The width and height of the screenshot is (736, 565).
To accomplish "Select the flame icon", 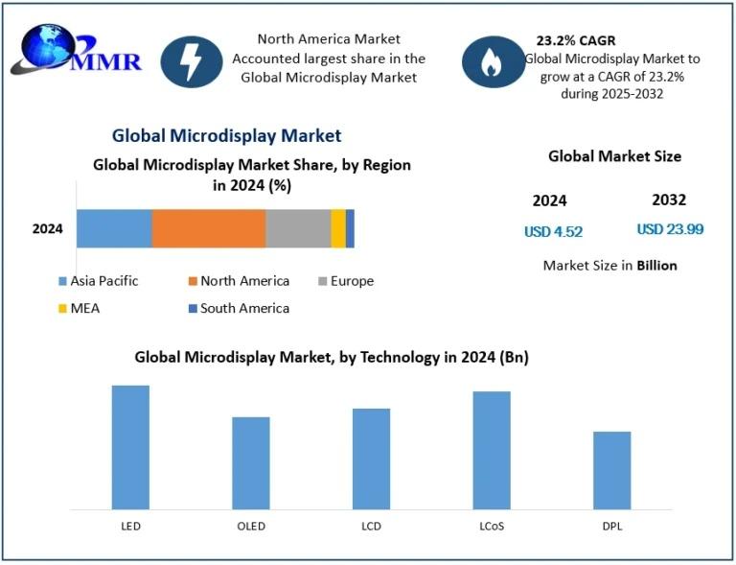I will (x=492, y=62).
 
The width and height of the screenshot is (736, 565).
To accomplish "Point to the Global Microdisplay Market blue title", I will (x=226, y=136).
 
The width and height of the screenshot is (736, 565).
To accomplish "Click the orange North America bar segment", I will (x=208, y=228).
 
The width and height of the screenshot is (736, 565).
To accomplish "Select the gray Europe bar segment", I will (x=297, y=228).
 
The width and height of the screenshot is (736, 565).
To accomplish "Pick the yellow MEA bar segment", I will (x=337, y=228).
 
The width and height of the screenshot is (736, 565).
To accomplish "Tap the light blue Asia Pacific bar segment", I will (x=114, y=228).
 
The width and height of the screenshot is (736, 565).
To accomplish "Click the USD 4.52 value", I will (x=553, y=231).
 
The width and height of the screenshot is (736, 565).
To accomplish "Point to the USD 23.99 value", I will (x=670, y=229).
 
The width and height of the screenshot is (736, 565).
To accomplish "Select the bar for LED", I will (x=130, y=447).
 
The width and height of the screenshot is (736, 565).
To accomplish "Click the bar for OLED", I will (x=251, y=462).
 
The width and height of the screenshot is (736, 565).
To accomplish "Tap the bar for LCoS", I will (x=491, y=450).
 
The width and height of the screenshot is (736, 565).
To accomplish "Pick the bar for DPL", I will (x=611, y=470).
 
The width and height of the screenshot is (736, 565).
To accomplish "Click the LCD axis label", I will (x=371, y=526).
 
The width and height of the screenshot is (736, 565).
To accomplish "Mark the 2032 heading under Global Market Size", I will (x=669, y=200).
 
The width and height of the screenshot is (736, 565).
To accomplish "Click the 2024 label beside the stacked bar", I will (x=47, y=228).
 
